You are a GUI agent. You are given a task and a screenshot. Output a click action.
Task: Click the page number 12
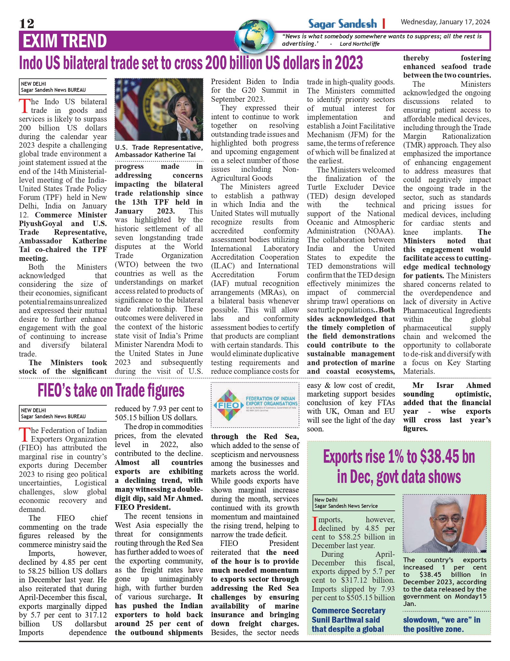point(27,24)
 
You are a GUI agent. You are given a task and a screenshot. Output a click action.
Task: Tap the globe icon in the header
point(255,36)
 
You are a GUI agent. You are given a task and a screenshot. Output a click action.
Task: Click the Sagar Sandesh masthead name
point(342,24)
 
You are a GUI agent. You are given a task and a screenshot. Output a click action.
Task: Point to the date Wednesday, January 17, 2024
point(445,22)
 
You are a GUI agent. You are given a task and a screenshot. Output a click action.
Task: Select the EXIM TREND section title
point(65,41)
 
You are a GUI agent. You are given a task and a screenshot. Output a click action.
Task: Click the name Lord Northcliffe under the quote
point(359,44)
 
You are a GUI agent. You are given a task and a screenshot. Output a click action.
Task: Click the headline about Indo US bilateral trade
point(191,63)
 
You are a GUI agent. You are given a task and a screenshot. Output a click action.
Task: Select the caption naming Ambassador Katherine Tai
point(159,151)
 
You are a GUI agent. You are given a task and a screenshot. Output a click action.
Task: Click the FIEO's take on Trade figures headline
point(111,390)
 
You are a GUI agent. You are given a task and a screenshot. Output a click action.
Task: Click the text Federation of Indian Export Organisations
point(271,401)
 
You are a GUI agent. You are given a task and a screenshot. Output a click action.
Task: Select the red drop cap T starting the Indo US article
point(24,106)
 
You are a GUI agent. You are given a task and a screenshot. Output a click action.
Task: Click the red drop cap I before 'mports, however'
point(315,523)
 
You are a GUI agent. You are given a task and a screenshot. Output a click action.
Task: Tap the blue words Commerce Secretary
point(349,610)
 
